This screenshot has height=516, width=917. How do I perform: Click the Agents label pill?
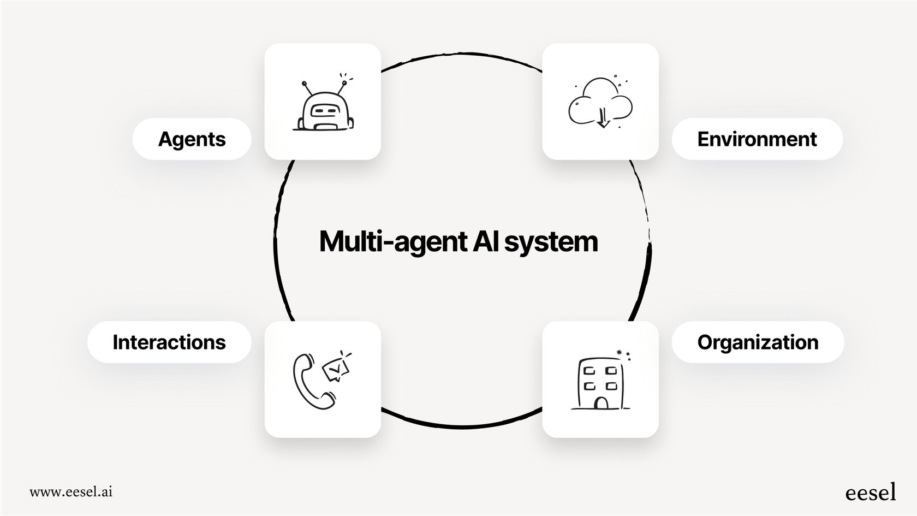point(192,139)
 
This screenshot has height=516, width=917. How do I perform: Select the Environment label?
point(757,139)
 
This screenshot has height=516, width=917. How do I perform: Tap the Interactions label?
point(169,342)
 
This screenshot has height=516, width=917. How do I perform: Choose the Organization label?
point(758,342)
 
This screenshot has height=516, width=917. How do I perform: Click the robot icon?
point(324,107)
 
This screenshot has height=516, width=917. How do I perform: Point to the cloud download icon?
point(600,103)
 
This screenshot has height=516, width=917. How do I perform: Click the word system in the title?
point(551,241)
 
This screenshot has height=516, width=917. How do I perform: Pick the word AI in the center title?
point(485,241)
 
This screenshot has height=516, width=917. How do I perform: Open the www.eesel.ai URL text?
point(71,491)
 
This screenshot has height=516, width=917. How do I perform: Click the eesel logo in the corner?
point(871,492)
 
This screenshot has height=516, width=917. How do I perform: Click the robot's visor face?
point(325,110)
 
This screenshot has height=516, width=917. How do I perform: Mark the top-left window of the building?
point(589,371)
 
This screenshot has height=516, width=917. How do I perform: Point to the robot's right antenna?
point(342,87)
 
